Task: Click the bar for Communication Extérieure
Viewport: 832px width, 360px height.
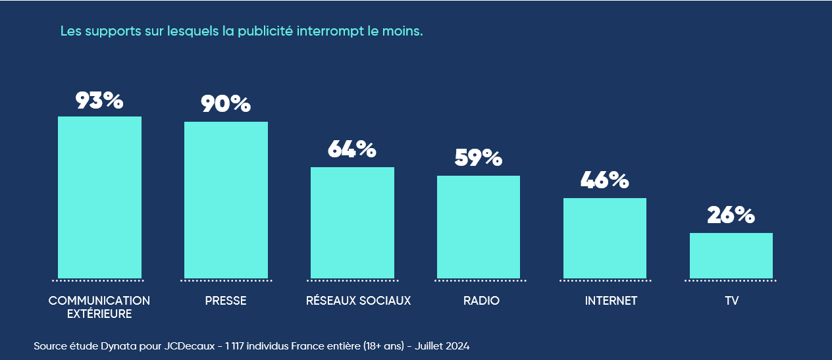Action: coord(99,197)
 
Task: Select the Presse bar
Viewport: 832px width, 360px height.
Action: coord(226,199)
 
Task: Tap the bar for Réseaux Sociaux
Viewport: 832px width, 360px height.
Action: coord(352,222)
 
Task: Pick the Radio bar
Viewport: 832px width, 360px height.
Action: coord(479,226)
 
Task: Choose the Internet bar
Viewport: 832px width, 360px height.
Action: coord(605,238)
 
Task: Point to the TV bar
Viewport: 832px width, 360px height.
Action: coord(731,255)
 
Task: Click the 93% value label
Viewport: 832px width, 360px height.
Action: coord(99,101)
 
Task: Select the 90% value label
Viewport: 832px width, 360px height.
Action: coord(226,104)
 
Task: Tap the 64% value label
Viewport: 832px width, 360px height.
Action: coord(352,149)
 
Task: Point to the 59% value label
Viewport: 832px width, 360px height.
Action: coord(479,158)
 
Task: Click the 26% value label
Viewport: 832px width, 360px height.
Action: coord(731,215)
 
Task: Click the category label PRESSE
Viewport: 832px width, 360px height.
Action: coord(226,301)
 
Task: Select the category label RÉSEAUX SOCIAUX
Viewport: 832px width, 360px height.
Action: coord(358,301)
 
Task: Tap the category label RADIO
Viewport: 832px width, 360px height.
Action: coord(481,301)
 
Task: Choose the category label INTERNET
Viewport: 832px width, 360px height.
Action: coord(611,301)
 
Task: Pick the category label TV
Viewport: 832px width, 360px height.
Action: coord(731,301)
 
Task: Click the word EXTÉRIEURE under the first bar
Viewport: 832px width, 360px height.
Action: coord(99,315)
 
